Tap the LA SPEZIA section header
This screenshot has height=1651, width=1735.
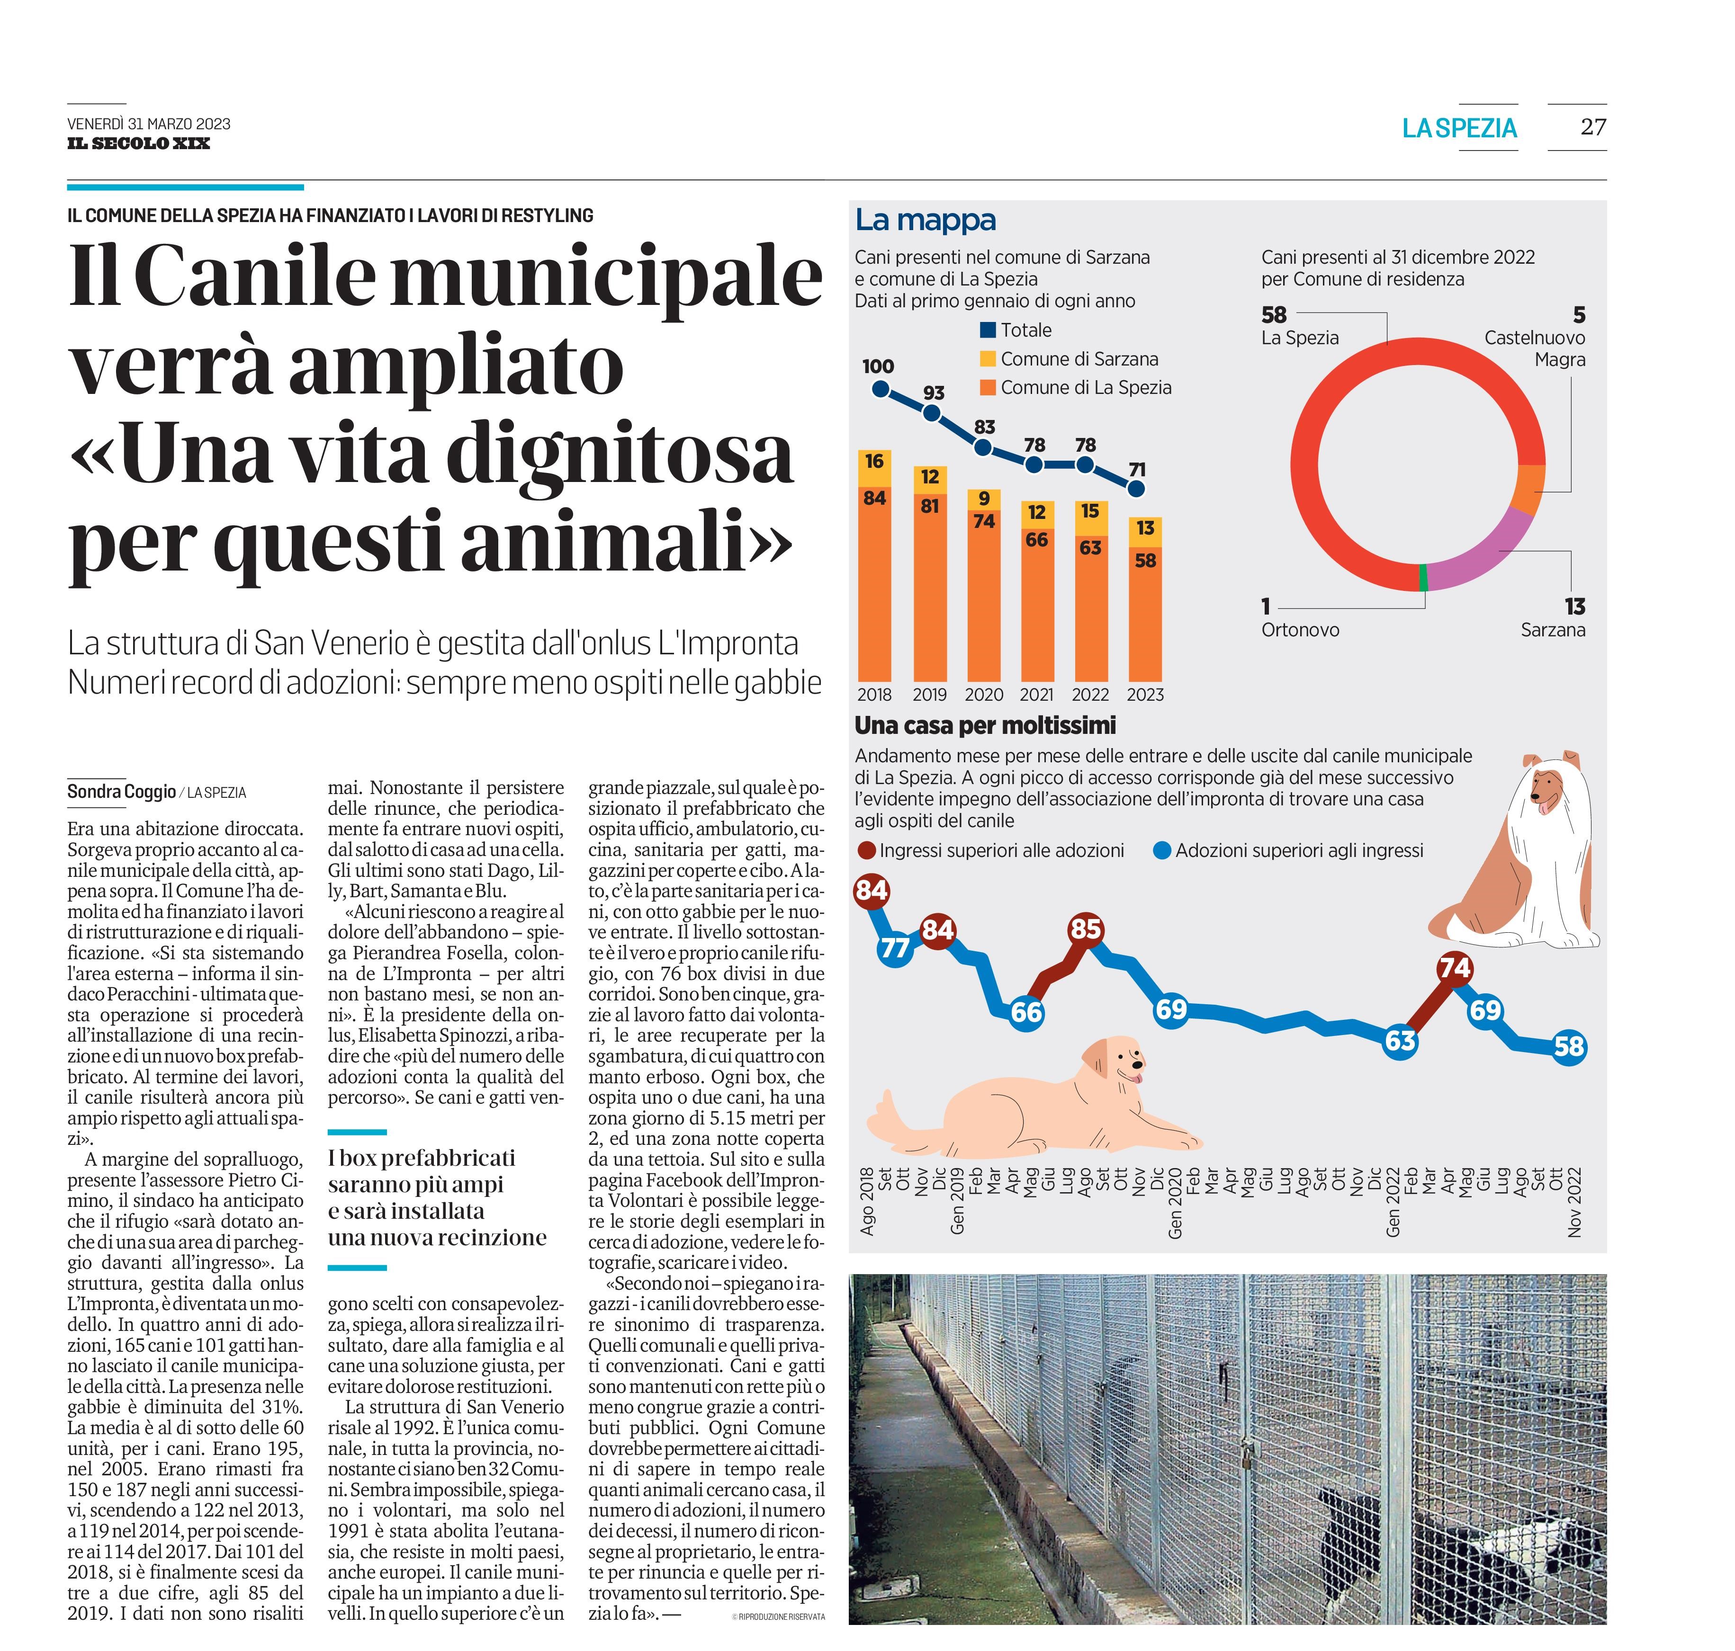1459,128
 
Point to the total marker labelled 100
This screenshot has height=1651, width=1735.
879,388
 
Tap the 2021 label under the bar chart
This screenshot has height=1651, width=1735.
1036,695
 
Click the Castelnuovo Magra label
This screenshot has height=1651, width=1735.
1535,348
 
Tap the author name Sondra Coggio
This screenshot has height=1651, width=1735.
121,791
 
